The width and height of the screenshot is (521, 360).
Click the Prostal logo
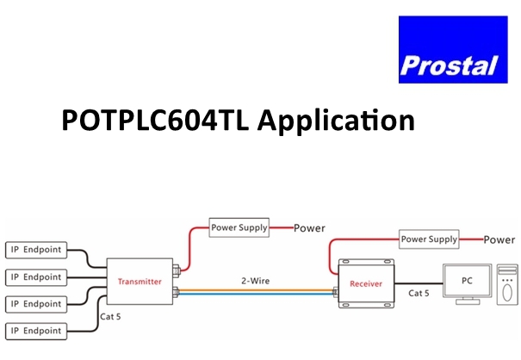click(447, 49)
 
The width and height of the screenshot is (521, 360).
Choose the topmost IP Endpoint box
click(35, 250)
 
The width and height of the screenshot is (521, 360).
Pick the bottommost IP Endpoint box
click(35, 330)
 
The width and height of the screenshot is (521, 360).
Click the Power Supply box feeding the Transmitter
click(239, 228)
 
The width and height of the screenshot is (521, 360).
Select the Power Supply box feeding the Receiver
click(429, 239)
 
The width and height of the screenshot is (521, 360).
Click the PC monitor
click(466, 282)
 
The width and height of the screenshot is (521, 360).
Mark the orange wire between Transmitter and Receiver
click(258, 288)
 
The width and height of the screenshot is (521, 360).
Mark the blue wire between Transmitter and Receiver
click(258, 294)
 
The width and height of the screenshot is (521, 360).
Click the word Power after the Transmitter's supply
click(310, 228)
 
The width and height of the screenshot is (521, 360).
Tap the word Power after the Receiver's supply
click(500, 239)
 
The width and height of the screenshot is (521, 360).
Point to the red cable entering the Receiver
click(330, 255)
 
